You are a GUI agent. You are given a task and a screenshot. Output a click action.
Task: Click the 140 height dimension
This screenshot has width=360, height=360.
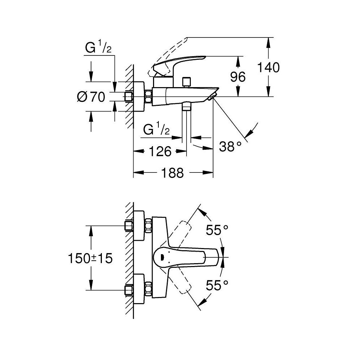(x=269, y=67)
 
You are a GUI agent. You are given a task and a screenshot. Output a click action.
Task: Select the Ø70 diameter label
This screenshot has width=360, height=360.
(x=91, y=96)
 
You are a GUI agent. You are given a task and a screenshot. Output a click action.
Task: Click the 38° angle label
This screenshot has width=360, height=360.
(x=230, y=147)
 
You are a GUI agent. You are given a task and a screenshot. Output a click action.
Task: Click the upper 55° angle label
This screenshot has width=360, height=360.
(x=217, y=230)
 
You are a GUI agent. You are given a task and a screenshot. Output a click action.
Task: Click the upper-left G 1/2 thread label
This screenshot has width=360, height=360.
(x=98, y=48)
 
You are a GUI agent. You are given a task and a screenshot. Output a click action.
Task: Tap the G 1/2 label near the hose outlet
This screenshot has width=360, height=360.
(x=156, y=129)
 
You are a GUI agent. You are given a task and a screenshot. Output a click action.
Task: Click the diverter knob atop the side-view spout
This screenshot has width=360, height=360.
(x=186, y=82)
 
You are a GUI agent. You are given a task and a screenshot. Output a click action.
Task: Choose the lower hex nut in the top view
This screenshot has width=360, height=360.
(x=148, y=289)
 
